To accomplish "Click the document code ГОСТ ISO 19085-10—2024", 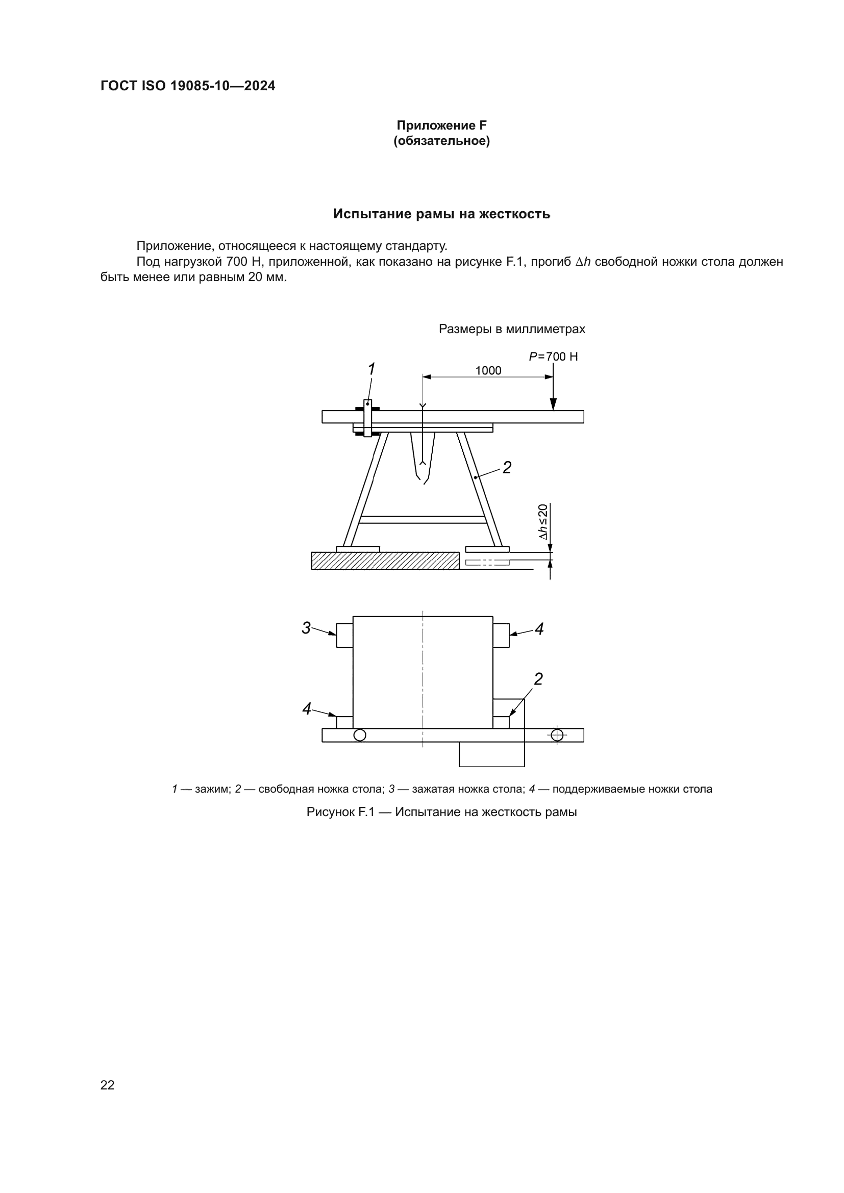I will pyautogui.click(x=188, y=86).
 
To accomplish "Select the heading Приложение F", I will pyautogui.click(x=441, y=125).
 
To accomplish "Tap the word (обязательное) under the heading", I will pyautogui.click(x=441, y=141).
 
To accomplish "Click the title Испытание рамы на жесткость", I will pyautogui.click(x=441, y=214).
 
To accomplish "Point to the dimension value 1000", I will pyautogui.click(x=488, y=370).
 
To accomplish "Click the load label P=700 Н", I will pyautogui.click(x=553, y=357).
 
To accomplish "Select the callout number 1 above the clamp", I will pyautogui.click(x=371, y=369).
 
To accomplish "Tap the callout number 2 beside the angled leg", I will pyautogui.click(x=507, y=468).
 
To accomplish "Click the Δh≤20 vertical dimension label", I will pyautogui.click(x=542, y=522).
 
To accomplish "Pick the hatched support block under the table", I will pyautogui.click(x=385, y=561).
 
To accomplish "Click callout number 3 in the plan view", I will pyautogui.click(x=306, y=628).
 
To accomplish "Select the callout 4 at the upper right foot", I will pyautogui.click(x=539, y=629).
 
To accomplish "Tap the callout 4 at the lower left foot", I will pyautogui.click(x=307, y=708).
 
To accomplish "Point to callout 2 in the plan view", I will pyautogui.click(x=538, y=678).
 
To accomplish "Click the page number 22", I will pyautogui.click(x=108, y=1085).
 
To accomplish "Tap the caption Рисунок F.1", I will pyautogui.click(x=441, y=811).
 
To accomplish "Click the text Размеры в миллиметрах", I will pyautogui.click(x=511, y=329).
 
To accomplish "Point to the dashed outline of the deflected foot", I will pyautogui.click(x=487, y=562).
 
